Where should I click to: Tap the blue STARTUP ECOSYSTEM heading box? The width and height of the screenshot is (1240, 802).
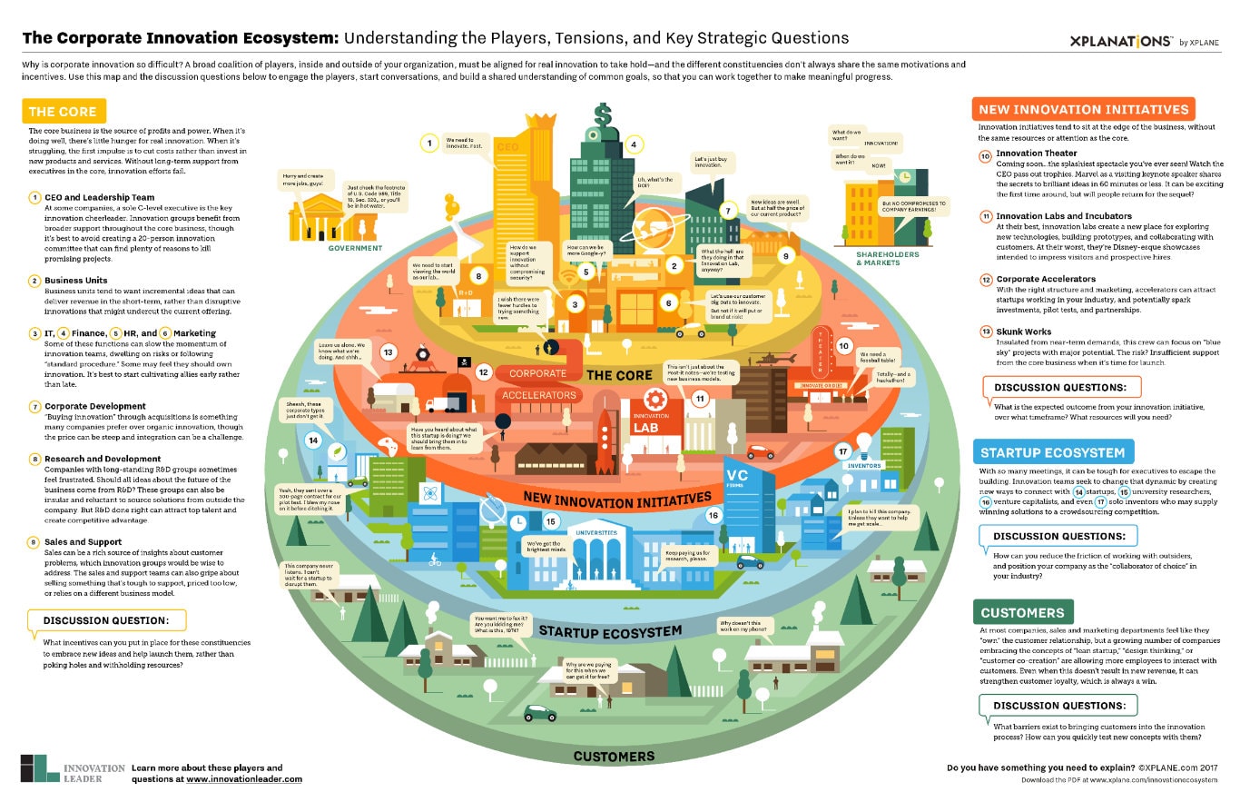tap(1052, 452)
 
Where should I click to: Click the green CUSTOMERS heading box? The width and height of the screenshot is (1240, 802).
tap(1022, 612)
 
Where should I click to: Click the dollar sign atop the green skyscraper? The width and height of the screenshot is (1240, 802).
tap(602, 116)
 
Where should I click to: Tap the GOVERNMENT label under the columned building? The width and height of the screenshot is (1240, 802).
tap(355, 247)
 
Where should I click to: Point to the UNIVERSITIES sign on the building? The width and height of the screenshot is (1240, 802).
tap(595, 532)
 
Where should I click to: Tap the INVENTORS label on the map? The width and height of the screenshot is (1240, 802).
tap(864, 466)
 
